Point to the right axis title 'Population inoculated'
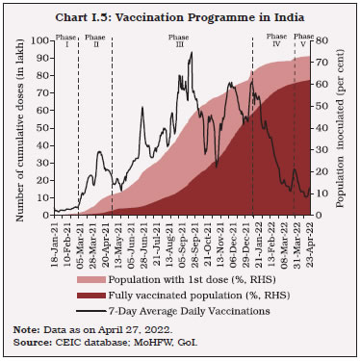[x=346, y=126]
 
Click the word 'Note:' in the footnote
[x=25, y=331]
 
